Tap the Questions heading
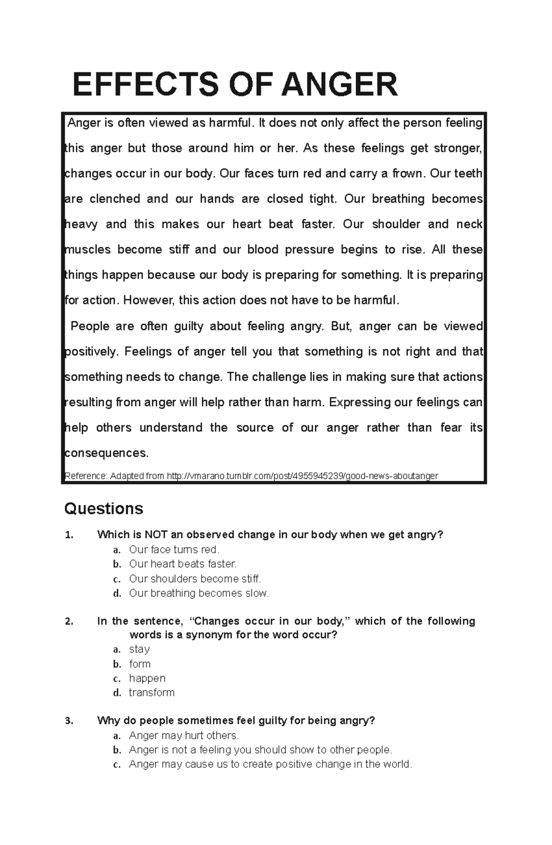pyautogui.click(x=103, y=508)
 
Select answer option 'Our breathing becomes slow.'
pyautogui.click(x=199, y=593)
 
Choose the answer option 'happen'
pyautogui.click(x=147, y=678)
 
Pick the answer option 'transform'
pyautogui.click(x=152, y=693)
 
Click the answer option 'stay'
pyautogui.click(x=139, y=649)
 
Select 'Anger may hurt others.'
pyautogui.click(x=184, y=735)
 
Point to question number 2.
pyautogui.click(x=69, y=622)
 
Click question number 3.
pyautogui.click(x=69, y=721)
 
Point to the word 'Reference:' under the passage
pyautogui.click(x=86, y=476)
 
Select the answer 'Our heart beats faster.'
pyautogui.click(x=183, y=564)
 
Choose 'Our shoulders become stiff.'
pyautogui.click(x=195, y=579)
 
